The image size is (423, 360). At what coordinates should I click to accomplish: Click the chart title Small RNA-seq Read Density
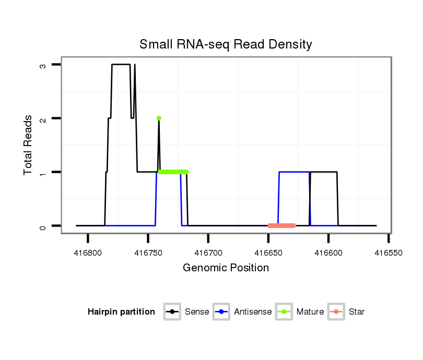(x=226, y=44)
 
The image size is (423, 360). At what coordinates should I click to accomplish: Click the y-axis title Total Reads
(x=28, y=145)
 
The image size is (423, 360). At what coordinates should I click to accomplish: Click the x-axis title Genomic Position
(x=226, y=268)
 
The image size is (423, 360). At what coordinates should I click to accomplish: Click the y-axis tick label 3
(x=43, y=65)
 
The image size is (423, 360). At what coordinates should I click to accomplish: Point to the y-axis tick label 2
(x=43, y=118)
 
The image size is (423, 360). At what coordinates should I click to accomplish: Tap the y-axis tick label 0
(x=43, y=226)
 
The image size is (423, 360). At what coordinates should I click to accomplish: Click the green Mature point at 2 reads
(x=159, y=118)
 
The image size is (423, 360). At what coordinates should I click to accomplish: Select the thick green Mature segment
(x=173, y=172)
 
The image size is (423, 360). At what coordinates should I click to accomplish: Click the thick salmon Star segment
(x=281, y=225)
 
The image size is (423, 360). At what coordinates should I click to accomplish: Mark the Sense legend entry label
(x=197, y=312)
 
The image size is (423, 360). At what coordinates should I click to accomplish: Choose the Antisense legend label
(x=253, y=312)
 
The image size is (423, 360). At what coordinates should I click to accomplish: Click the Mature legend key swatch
(x=285, y=312)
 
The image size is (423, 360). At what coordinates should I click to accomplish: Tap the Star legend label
(x=357, y=312)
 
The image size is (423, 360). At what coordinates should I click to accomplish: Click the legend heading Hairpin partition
(x=122, y=312)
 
